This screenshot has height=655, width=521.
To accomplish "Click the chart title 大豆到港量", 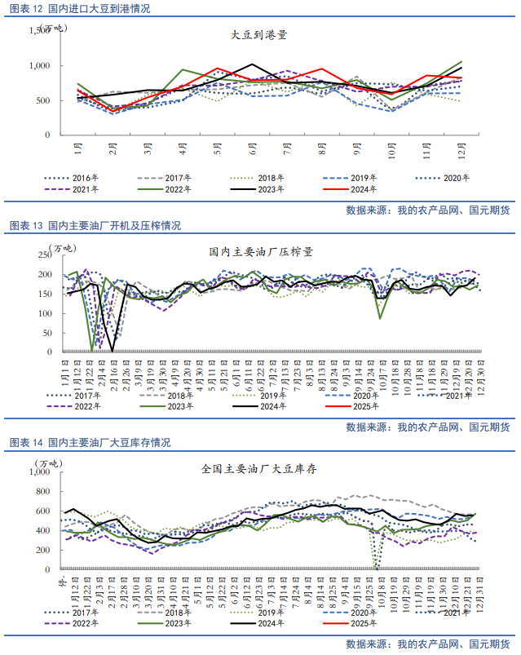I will coord(259,36).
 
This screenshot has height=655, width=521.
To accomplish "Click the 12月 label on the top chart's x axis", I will coord(461,152).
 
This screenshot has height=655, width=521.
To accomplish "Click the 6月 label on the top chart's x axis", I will coord(253,152).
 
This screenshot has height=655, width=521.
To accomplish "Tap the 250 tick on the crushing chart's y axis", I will coord(42,254).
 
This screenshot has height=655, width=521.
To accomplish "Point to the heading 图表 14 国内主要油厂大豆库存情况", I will coord(90,443).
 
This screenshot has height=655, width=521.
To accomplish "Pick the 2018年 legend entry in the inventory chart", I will coord(174,612).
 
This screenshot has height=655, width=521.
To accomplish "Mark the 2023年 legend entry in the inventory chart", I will coord(174,624).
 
